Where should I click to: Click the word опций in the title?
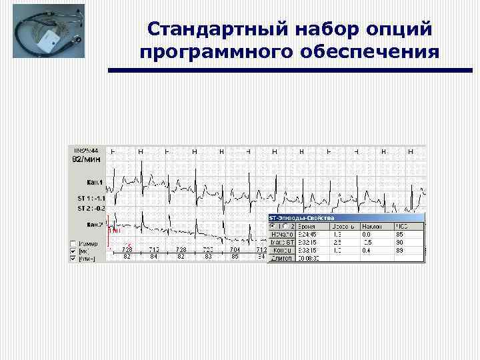point(401,29)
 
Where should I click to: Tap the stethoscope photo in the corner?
point(48,36)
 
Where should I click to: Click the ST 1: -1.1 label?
point(88,199)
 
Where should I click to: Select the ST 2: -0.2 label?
point(88,208)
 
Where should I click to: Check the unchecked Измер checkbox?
point(73,243)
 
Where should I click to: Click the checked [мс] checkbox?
point(73,251)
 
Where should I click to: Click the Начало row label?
point(281,234)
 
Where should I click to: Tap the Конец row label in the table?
point(281,250)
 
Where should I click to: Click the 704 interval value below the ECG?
point(235,249)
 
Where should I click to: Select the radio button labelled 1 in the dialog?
point(272,227)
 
